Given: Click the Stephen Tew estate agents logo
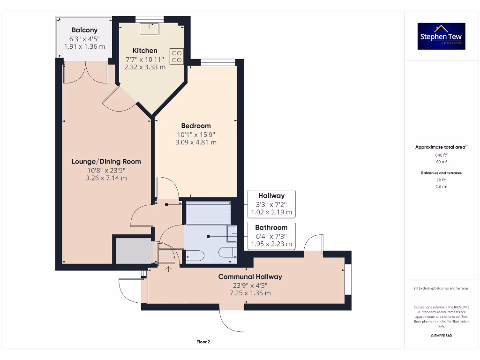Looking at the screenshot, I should pyautogui.click(x=442, y=36).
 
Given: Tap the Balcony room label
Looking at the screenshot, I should pyautogui.click(x=84, y=30).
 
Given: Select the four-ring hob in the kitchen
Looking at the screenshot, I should pyautogui.click(x=176, y=57).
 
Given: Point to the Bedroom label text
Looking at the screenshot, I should pyautogui.click(x=196, y=126).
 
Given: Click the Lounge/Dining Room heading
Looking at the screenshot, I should pyautogui.click(x=106, y=161).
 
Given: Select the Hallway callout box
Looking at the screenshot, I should pyautogui.click(x=271, y=204).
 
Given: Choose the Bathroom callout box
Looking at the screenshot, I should pyautogui.click(x=271, y=236).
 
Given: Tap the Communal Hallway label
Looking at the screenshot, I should pyautogui.click(x=250, y=277).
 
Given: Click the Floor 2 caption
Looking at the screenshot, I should pyautogui.click(x=203, y=342).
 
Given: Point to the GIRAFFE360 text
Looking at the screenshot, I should pyautogui.click(x=441, y=336).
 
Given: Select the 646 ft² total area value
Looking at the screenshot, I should pyautogui.click(x=441, y=154).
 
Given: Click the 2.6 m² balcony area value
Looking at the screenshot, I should pyautogui.click(x=441, y=186).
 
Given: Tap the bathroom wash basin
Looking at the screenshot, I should pyautogui.click(x=231, y=233).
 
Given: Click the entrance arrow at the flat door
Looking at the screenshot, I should pyautogui.click(x=169, y=268).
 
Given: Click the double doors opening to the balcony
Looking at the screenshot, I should pyautogui.click(x=86, y=73).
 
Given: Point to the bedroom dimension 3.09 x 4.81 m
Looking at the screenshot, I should pyautogui.click(x=196, y=142).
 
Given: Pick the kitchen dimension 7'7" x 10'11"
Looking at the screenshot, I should pyautogui.click(x=145, y=59).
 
